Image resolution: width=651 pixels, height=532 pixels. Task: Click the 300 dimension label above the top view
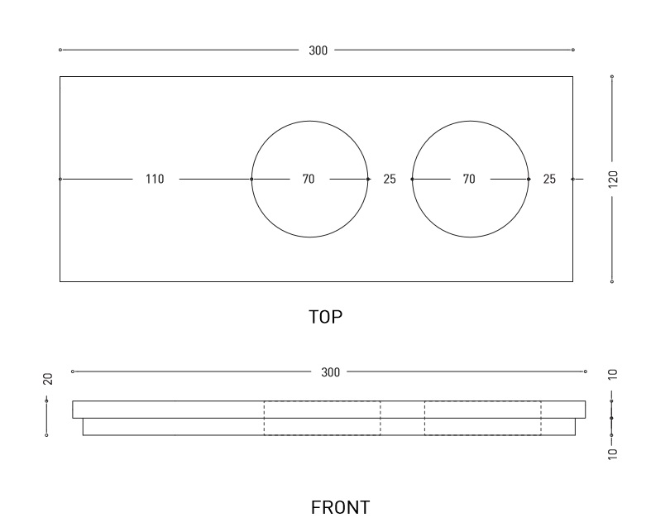pyautogui.click(x=318, y=50)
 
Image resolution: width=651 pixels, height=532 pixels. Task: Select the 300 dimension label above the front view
pyautogui.click(x=331, y=372)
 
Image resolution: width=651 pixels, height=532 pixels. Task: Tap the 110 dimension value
pyautogui.click(x=155, y=179)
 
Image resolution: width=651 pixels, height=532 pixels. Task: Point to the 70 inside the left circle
pyautogui.click(x=309, y=179)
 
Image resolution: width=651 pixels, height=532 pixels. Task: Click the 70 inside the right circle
pyautogui.click(x=469, y=179)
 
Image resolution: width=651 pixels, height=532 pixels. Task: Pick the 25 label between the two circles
pyautogui.click(x=390, y=179)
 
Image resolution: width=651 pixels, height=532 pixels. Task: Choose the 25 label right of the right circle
pyautogui.click(x=549, y=179)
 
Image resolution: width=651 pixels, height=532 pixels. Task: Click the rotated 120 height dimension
pyautogui.click(x=613, y=179)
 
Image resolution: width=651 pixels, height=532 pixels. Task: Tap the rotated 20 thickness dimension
pyautogui.click(x=48, y=379)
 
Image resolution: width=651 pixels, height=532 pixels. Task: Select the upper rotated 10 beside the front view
pyautogui.click(x=613, y=374)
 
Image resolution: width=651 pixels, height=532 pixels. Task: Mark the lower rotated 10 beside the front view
pyautogui.click(x=613, y=453)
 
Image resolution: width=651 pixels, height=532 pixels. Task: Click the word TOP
pyautogui.click(x=326, y=317)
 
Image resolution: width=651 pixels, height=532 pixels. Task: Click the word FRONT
pyautogui.click(x=341, y=507)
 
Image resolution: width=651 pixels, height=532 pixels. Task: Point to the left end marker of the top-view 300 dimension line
pyautogui.click(x=60, y=50)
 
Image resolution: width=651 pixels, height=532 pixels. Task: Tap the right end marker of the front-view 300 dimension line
pyautogui.click(x=586, y=371)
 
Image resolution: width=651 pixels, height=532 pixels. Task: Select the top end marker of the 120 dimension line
pyautogui.click(x=612, y=76)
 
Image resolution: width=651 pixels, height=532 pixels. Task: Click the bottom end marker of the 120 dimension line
pyautogui.click(x=612, y=281)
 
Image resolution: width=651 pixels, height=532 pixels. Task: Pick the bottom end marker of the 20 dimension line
pyautogui.click(x=46, y=435)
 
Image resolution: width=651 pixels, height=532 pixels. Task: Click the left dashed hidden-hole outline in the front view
pyautogui.click(x=264, y=418)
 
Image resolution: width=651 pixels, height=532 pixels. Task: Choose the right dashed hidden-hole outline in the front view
pyautogui.click(x=424, y=418)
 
